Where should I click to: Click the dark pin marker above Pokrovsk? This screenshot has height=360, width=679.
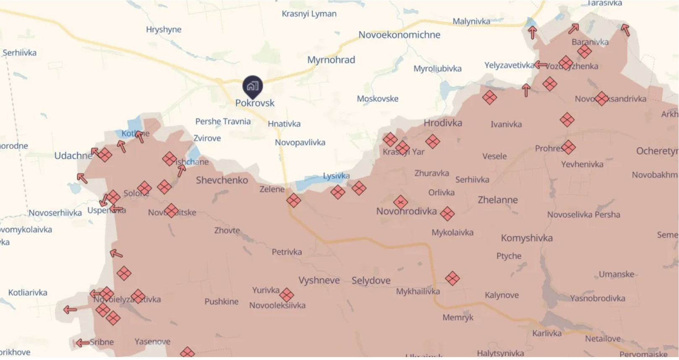tap(253, 86)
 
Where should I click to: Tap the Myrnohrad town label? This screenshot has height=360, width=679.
tap(331, 60)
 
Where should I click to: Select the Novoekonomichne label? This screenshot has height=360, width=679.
tap(399, 35)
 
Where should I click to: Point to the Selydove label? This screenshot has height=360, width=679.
tap(371, 280)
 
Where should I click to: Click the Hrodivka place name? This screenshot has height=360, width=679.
tap(443, 123)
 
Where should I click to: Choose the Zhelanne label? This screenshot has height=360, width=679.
tap(498, 200)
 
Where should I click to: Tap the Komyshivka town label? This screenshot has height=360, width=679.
tap(527, 238)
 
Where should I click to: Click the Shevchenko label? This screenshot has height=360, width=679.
tap(222, 180)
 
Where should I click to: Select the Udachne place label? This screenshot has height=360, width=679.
tap(73, 156)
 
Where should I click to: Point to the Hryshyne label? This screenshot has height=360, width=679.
tap(164, 29)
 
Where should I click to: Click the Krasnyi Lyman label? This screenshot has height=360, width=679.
tap(309, 14)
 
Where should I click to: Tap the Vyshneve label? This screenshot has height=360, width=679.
tap(319, 280)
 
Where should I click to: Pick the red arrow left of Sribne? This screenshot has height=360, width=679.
tap(82, 343)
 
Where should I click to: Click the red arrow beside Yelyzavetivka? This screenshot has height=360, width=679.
tap(541, 65)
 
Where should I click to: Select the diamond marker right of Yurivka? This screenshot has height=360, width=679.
tap(287, 295)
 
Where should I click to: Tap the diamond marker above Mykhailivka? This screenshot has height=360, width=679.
tap(452, 278)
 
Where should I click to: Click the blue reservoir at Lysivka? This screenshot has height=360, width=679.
tap(311, 184)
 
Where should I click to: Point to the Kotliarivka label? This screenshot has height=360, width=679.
tap(28, 292)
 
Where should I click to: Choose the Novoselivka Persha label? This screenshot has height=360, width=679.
tap(583, 214)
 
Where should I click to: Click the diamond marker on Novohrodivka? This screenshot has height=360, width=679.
tap(400, 202)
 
